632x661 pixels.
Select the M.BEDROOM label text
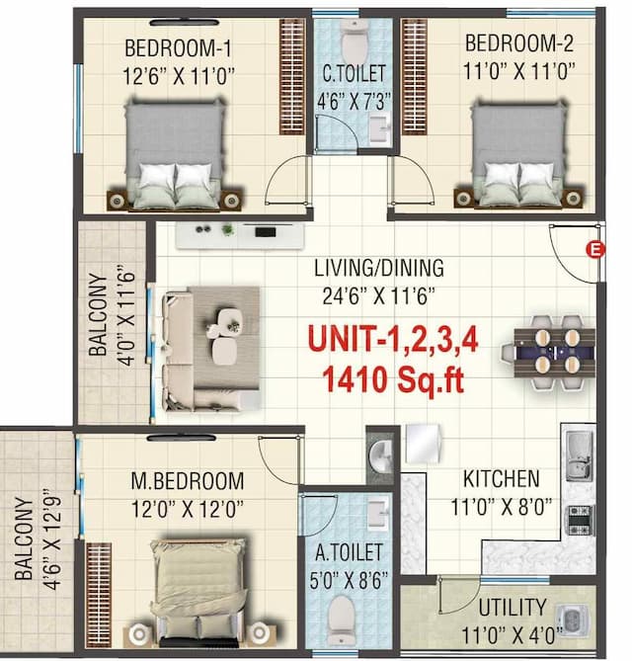pyautogui.click(x=188, y=481)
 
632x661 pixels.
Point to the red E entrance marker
pyautogui.click(x=594, y=249)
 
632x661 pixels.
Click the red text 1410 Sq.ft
pyautogui.click(x=392, y=379)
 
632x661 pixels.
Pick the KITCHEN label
pyautogui.click(x=502, y=480)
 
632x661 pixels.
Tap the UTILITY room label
pyautogui.click(x=512, y=607)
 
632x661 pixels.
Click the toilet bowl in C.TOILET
pyautogui.click(x=354, y=41)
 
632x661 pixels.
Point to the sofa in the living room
pyautogui.click(x=188, y=349)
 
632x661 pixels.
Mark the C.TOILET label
pyautogui.click(x=354, y=73)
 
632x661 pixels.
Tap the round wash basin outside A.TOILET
pyautogui.click(x=380, y=457)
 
